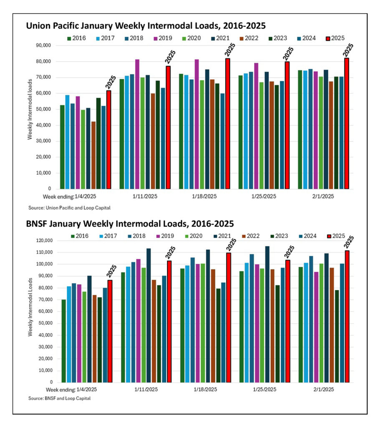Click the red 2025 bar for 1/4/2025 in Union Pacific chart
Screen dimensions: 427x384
click(109, 140)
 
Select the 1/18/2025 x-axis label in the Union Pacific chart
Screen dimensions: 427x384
click(205, 196)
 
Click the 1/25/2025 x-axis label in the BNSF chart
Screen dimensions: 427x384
click(264, 389)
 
